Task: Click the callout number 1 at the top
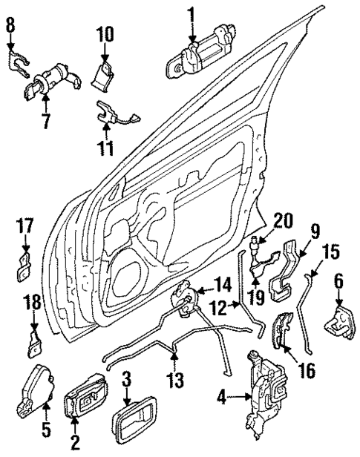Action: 191,14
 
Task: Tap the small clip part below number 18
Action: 34,343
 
